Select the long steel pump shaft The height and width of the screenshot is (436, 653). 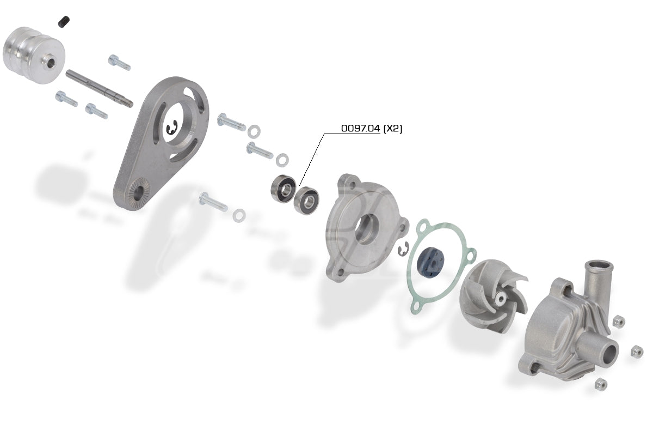(99, 88)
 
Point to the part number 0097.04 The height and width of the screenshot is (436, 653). (360, 129)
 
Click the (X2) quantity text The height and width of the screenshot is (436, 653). (393, 129)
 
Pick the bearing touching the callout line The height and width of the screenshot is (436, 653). (306, 201)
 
